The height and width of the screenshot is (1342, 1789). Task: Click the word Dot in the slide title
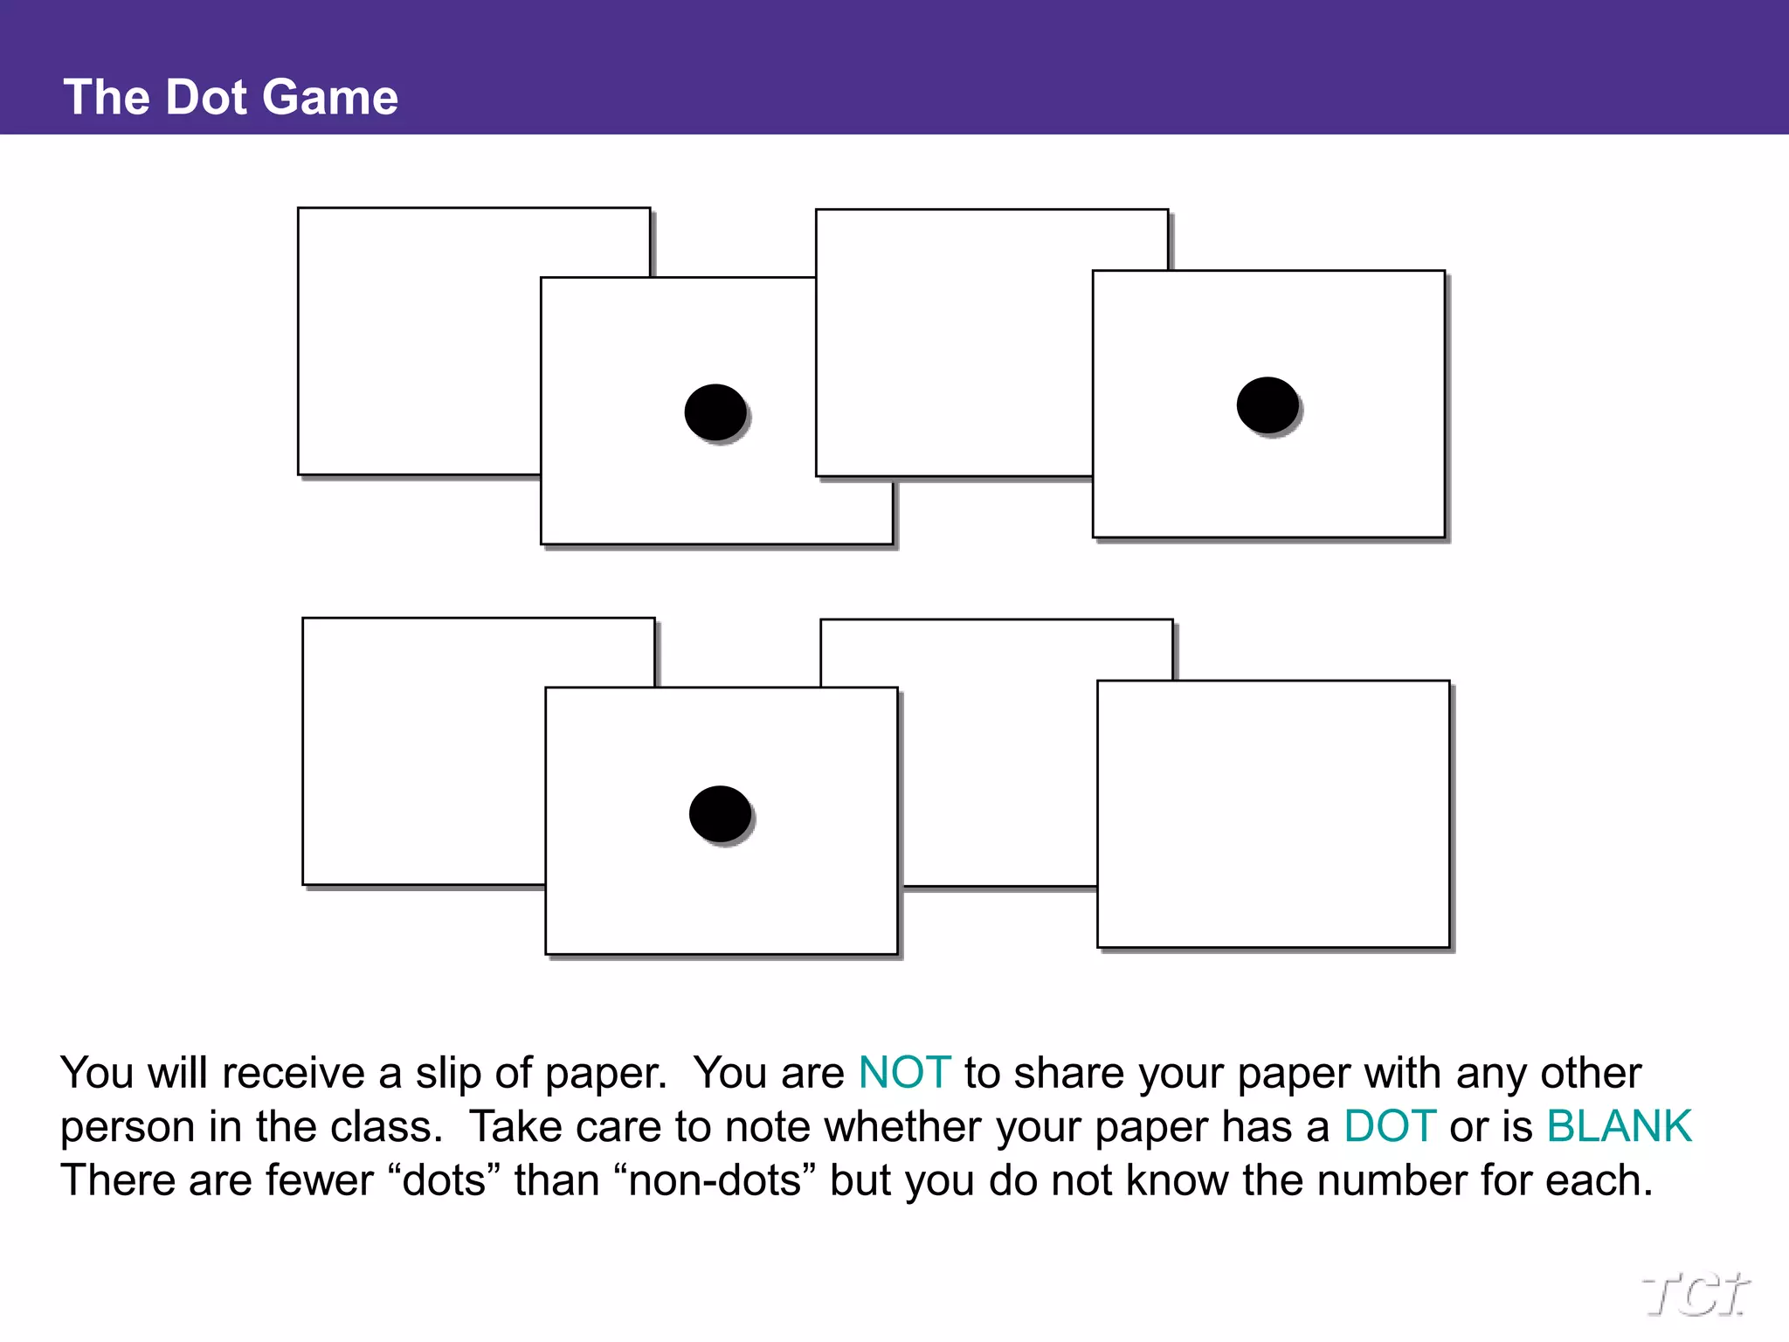(206, 97)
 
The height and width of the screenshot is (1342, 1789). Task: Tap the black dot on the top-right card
(1267, 405)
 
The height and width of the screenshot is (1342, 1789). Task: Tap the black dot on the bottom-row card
(720, 813)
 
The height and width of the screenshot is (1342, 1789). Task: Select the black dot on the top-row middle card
(715, 412)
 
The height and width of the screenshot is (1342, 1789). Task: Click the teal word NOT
(904, 1073)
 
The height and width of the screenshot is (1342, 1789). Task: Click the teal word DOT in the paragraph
(1389, 1126)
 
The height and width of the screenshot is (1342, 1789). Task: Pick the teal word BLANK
(1619, 1126)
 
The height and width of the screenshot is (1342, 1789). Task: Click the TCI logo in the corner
(1695, 1294)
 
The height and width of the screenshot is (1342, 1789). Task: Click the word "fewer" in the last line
(319, 1180)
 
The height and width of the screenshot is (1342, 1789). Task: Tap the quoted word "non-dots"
(715, 1180)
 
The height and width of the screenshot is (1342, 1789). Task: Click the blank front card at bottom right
(1273, 813)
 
